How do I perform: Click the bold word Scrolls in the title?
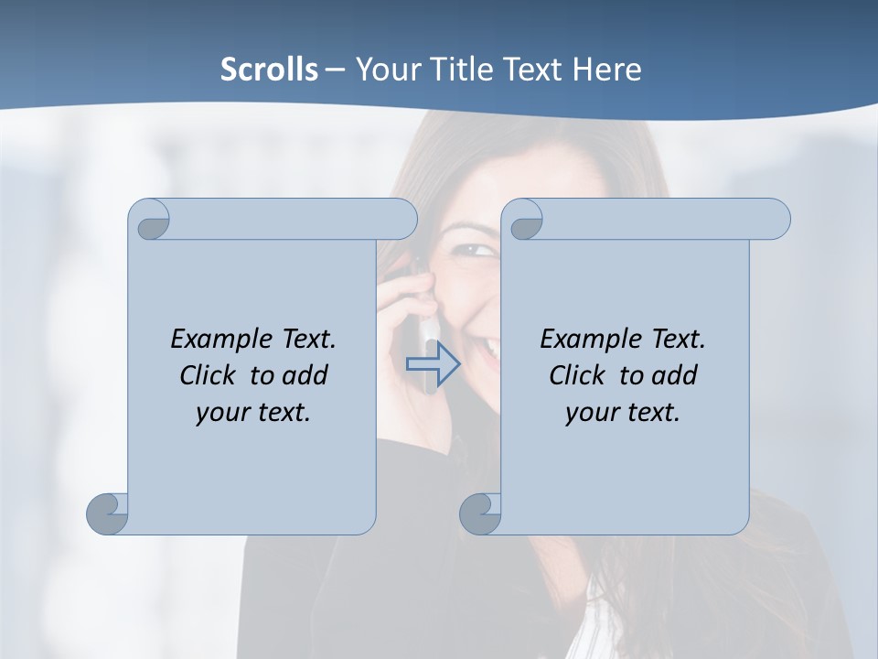click(270, 69)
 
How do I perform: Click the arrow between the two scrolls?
click(433, 364)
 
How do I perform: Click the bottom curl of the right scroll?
click(480, 513)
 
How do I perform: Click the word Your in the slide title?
click(385, 69)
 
